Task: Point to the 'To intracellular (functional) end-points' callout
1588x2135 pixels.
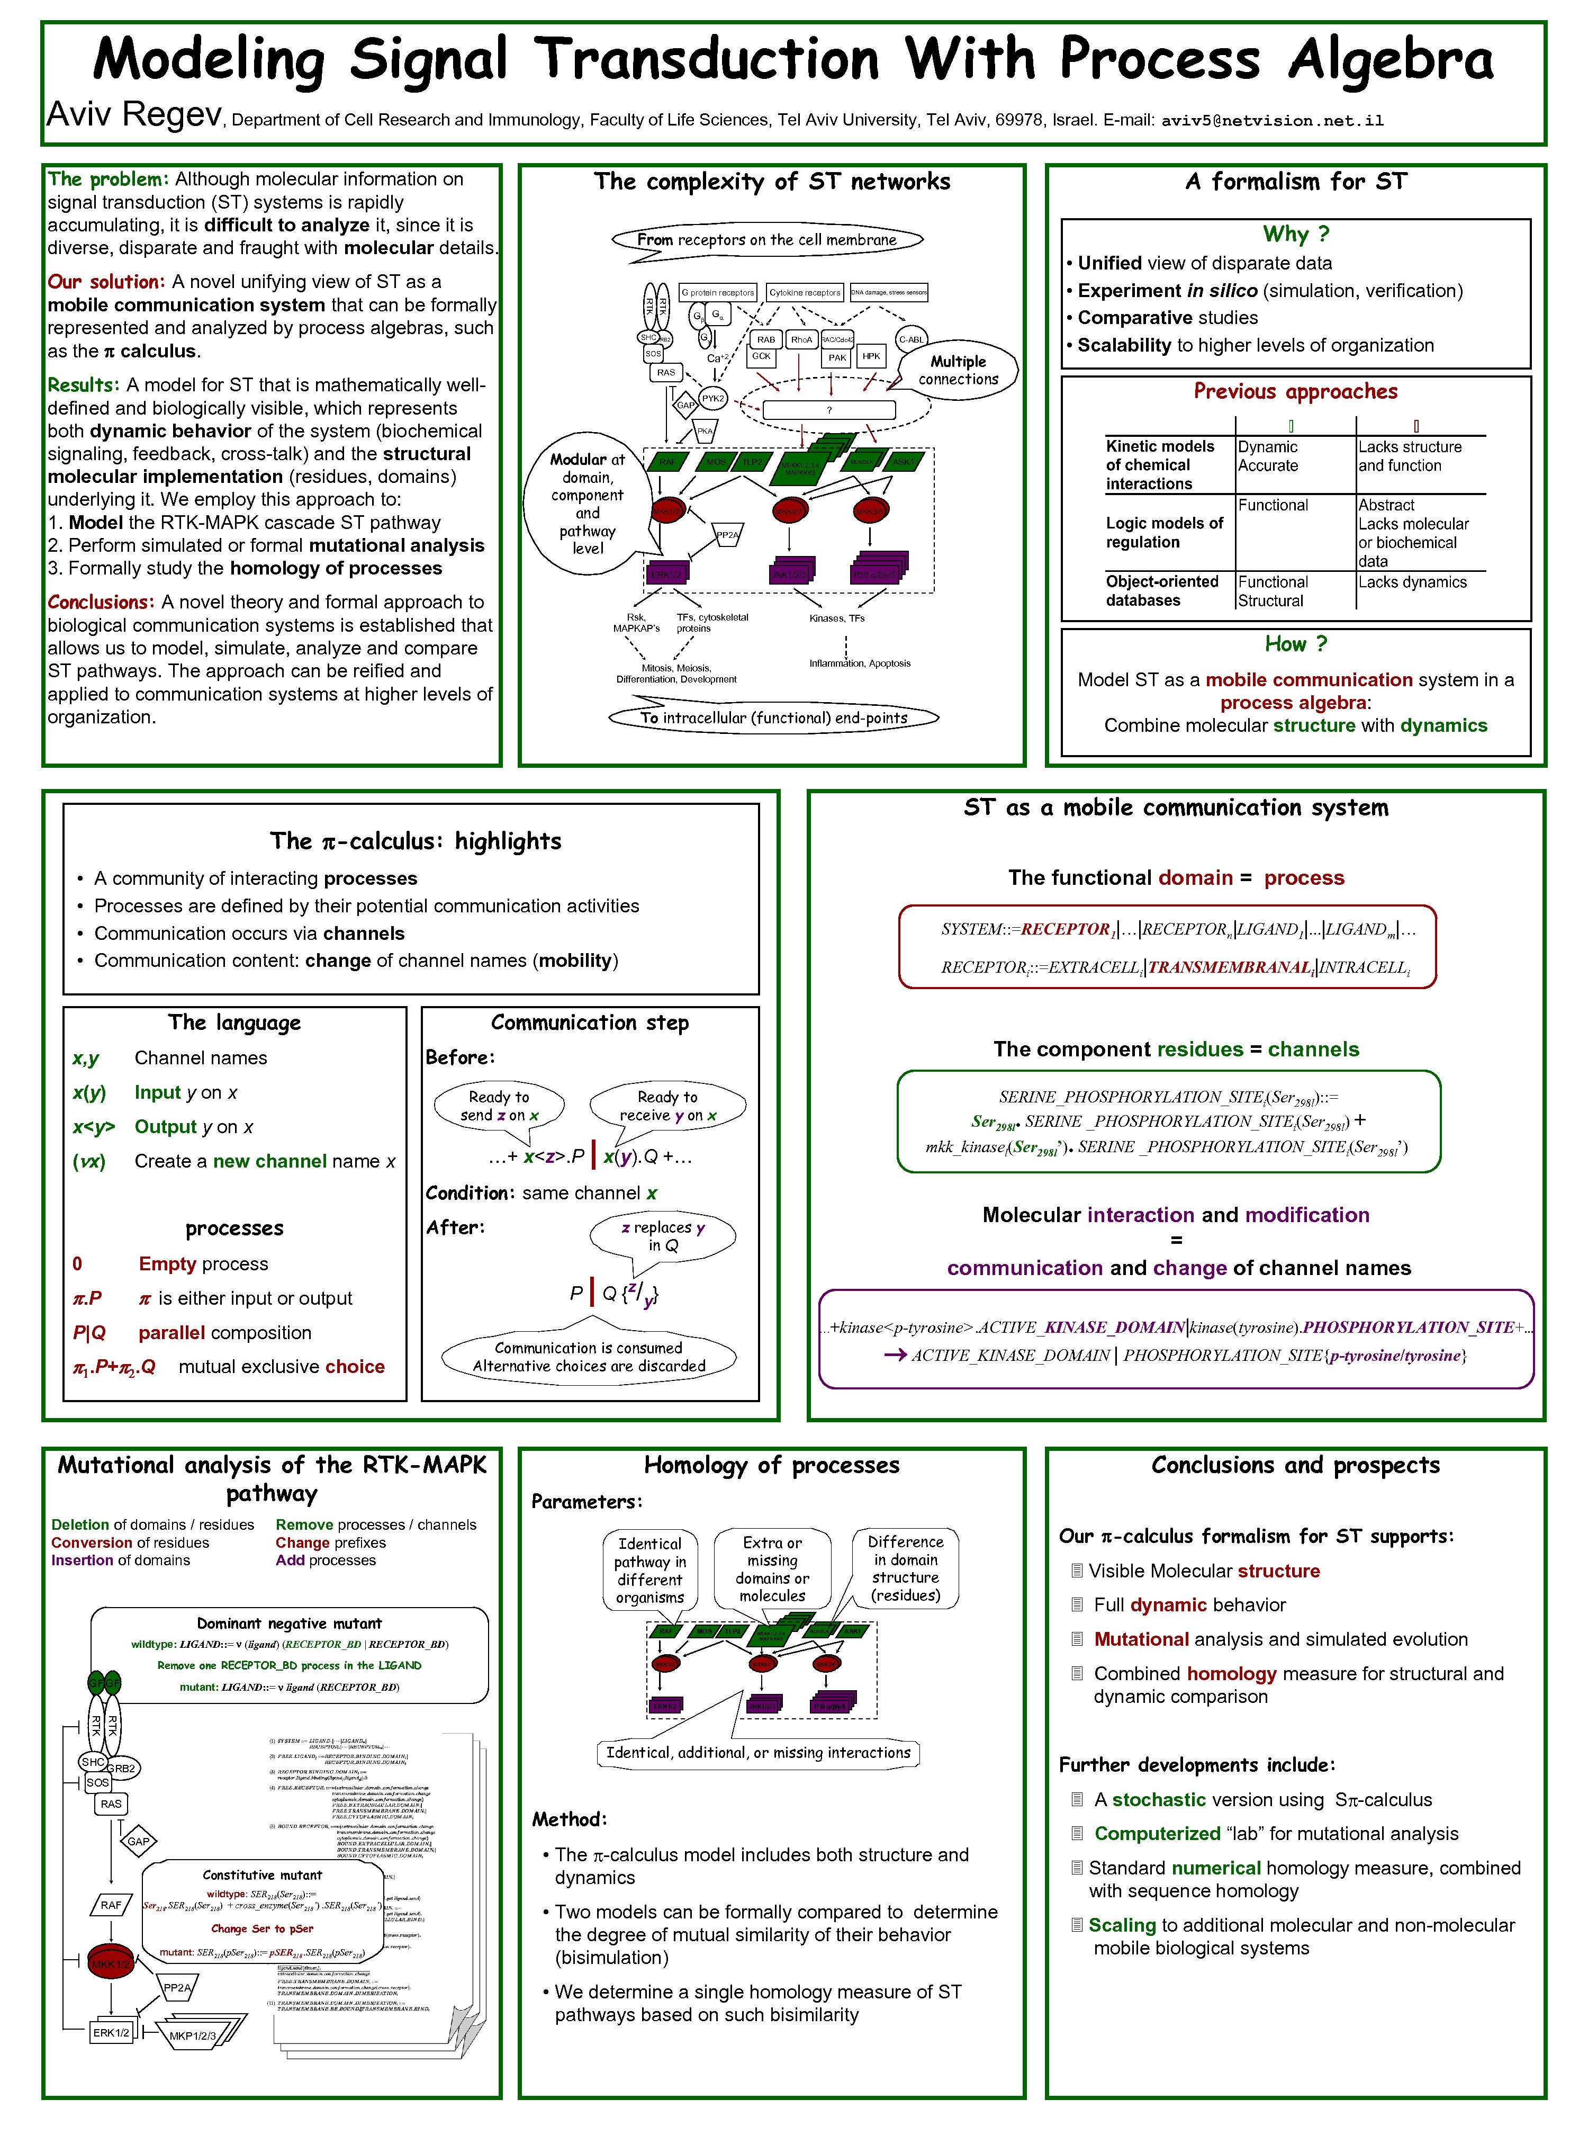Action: pyautogui.click(x=774, y=717)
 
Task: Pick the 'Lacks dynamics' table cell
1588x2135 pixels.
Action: pyautogui.click(x=1412, y=582)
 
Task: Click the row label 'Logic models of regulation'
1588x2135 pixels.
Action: pyautogui.click(x=1164, y=532)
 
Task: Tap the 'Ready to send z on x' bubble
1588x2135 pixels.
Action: pyautogui.click(x=499, y=1106)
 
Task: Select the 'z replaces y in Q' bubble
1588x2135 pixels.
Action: pyautogui.click(x=662, y=1236)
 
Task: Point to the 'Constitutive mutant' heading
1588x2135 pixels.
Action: pyautogui.click(x=263, y=1874)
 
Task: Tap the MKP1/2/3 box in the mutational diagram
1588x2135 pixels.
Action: pyautogui.click(x=192, y=2036)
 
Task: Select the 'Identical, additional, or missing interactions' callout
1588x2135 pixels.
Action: pyautogui.click(x=757, y=1752)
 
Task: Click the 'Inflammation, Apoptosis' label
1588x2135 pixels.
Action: pyautogui.click(x=859, y=663)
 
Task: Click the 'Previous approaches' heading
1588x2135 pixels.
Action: pyautogui.click(x=1295, y=391)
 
